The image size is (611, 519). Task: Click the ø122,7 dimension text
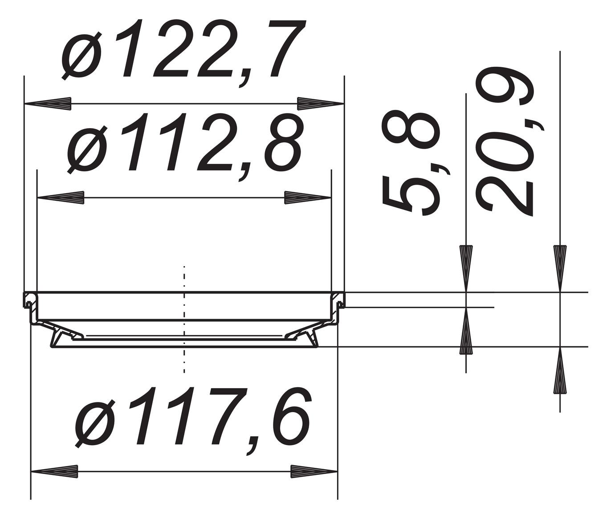pos(183,50)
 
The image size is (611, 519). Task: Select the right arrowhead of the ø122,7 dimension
pos(321,103)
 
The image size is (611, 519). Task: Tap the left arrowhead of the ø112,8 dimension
pos(61,198)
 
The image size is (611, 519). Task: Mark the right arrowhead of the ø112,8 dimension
pos(308,198)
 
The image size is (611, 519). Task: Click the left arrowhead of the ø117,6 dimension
pos(54,472)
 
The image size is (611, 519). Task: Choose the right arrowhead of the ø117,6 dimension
pos(314,472)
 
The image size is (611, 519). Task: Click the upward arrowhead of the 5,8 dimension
pos(466,331)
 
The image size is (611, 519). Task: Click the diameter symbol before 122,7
pos(83,55)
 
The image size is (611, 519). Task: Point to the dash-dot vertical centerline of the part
pos(183,319)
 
